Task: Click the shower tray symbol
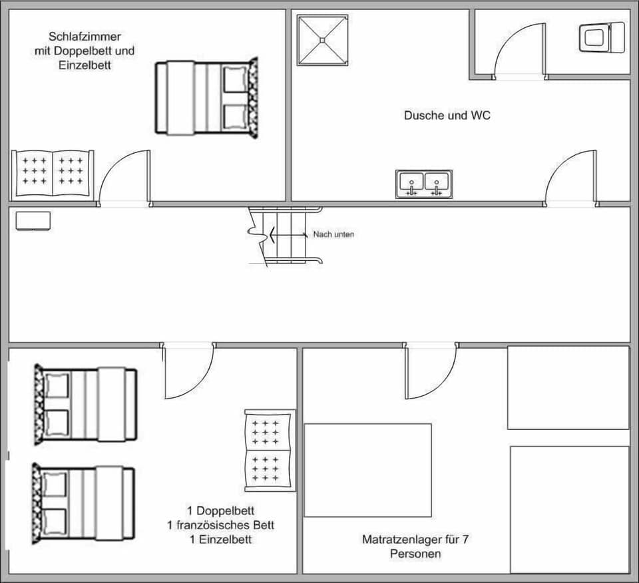coord(323,40)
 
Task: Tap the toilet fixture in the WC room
coord(602,37)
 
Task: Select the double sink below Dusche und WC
coord(424,184)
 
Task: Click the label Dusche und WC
coord(447,115)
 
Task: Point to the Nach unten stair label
coord(333,234)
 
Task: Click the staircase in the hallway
coord(285,236)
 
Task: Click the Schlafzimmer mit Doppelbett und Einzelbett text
coord(85,51)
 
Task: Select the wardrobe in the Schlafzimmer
coord(53,173)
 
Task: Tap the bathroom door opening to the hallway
coord(570,178)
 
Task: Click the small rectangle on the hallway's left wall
coord(33,220)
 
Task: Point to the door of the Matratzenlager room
coord(431,371)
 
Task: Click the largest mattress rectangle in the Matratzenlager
coord(368,470)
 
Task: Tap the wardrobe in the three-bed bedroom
coord(270,451)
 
